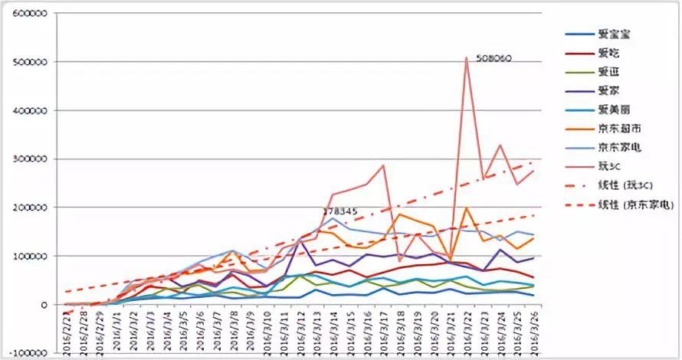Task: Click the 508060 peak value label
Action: (493, 58)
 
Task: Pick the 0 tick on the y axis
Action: (47, 305)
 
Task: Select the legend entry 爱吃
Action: (610, 54)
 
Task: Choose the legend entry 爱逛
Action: (610, 72)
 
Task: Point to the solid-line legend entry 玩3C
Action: (610, 165)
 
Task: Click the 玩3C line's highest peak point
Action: (466, 57)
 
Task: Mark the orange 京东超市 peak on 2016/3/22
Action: (466, 208)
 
